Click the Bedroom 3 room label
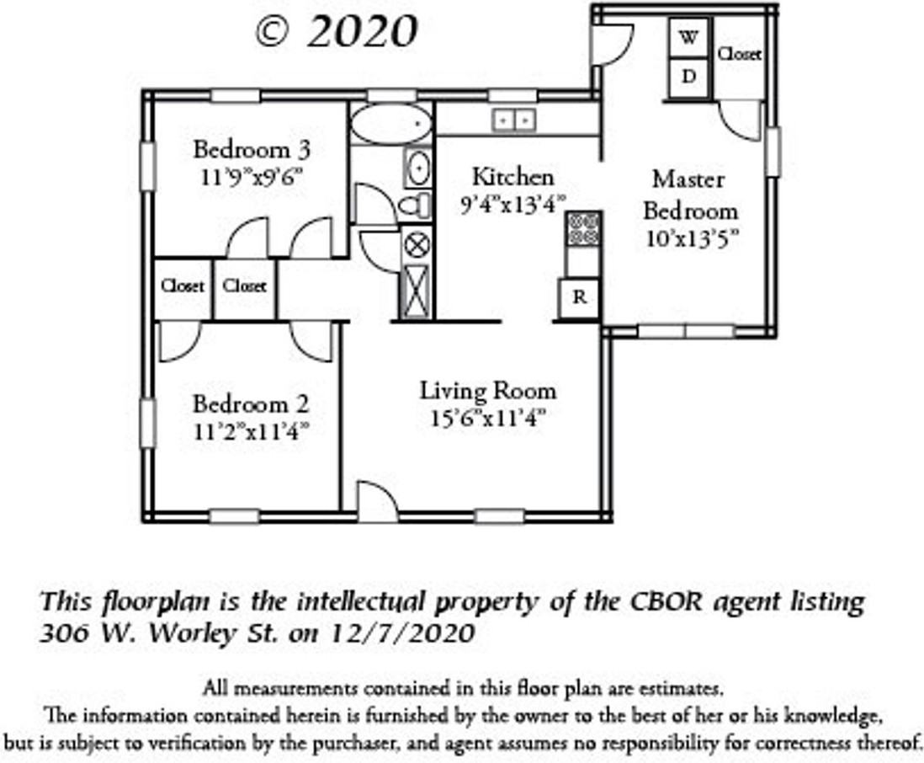252,150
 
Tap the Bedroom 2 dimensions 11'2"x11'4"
252,431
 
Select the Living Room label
488,391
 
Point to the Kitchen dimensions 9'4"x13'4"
512,204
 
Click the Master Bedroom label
689,195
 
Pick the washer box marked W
688,37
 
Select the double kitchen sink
513,120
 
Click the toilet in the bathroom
414,205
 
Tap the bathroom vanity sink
417,168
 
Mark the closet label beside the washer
739,54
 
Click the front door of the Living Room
377,502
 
